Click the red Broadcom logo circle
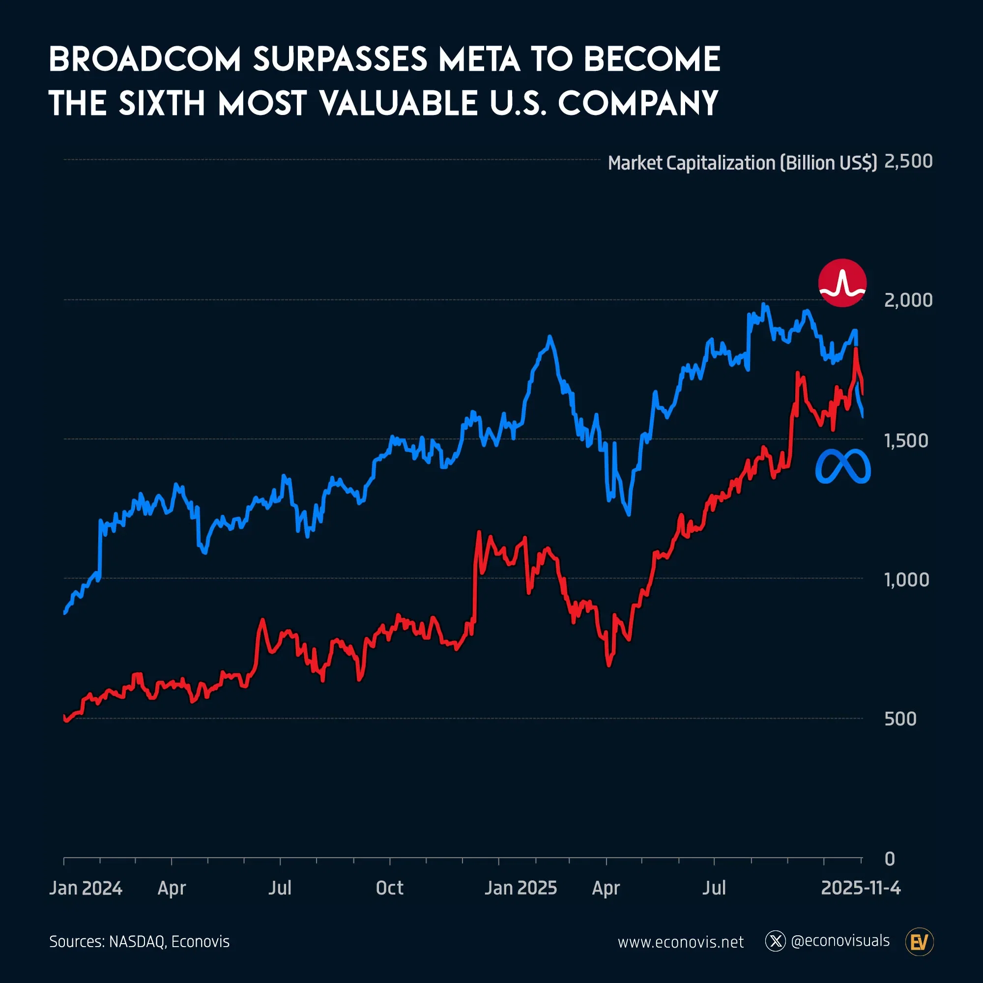coord(842,283)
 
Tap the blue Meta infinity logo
coord(842,466)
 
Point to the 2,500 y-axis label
coord(908,161)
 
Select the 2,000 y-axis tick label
coord(908,300)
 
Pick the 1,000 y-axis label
coord(907,579)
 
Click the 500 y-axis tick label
coord(900,719)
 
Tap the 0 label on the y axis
coord(890,859)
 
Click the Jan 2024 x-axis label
coord(86,888)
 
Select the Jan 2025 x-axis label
coord(520,888)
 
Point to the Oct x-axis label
coord(389,888)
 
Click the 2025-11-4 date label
coord(861,888)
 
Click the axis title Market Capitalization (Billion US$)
coord(742,163)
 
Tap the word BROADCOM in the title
coord(145,59)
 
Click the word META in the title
coord(479,59)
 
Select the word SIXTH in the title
coord(162,103)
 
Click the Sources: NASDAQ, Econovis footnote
coord(140,942)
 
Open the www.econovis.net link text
coord(681,942)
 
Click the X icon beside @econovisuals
coord(776,941)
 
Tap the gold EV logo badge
coord(920,942)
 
